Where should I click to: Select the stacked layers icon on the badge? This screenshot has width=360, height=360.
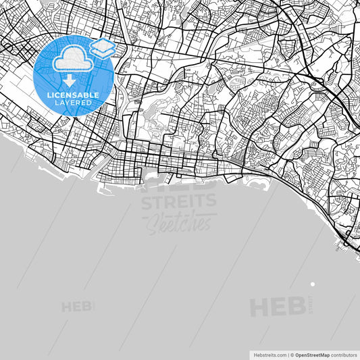[x=103, y=48]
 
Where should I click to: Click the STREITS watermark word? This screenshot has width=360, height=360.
[x=178, y=201]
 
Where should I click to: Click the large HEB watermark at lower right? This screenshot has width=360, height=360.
[x=278, y=307]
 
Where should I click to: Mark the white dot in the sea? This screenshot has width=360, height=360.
[x=312, y=284]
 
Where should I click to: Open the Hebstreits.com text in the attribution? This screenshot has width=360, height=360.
[x=269, y=354]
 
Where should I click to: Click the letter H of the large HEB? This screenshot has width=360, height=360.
[x=260, y=307]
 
